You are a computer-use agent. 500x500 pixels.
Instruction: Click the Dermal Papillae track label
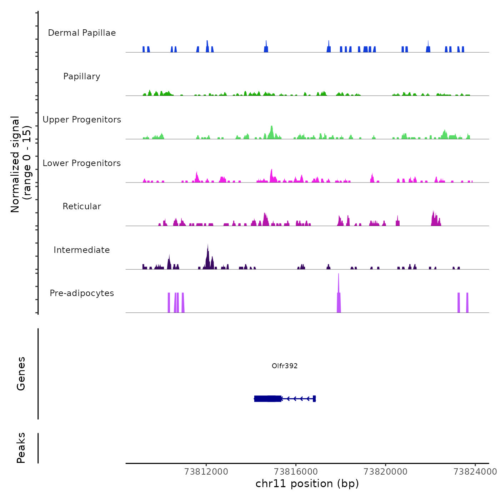(x=82, y=33)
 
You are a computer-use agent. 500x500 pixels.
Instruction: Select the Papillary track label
(x=82, y=76)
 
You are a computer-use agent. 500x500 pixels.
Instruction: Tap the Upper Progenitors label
(x=82, y=120)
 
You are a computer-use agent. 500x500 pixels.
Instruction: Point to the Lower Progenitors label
(x=82, y=163)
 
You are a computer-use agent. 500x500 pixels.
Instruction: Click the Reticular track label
(x=82, y=206)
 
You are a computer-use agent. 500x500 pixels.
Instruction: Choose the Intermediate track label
(x=82, y=250)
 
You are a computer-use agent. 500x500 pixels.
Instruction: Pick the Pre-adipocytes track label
(x=82, y=293)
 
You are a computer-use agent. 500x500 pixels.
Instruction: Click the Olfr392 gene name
(x=285, y=366)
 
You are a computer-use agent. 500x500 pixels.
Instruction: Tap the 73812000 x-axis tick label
(x=206, y=472)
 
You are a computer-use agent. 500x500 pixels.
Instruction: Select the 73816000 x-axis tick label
(x=296, y=472)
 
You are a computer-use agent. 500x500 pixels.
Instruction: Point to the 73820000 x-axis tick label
(x=385, y=472)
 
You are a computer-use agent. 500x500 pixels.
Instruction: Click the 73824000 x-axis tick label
(x=475, y=472)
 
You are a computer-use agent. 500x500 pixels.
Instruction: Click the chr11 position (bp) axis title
(x=307, y=484)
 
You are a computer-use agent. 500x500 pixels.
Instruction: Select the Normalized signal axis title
(x=21, y=164)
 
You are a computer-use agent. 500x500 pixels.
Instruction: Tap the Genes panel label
(x=21, y=374)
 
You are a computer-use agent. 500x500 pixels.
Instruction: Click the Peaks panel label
(x=21, y=448)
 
